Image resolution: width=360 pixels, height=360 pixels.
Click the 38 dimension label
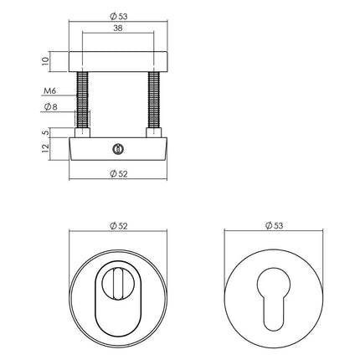117,27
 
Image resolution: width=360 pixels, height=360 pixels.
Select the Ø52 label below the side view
117,173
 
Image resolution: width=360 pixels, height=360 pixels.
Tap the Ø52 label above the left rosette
117,227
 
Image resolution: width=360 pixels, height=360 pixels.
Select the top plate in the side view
117,60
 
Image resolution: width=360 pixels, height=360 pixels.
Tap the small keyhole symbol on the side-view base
117,147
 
